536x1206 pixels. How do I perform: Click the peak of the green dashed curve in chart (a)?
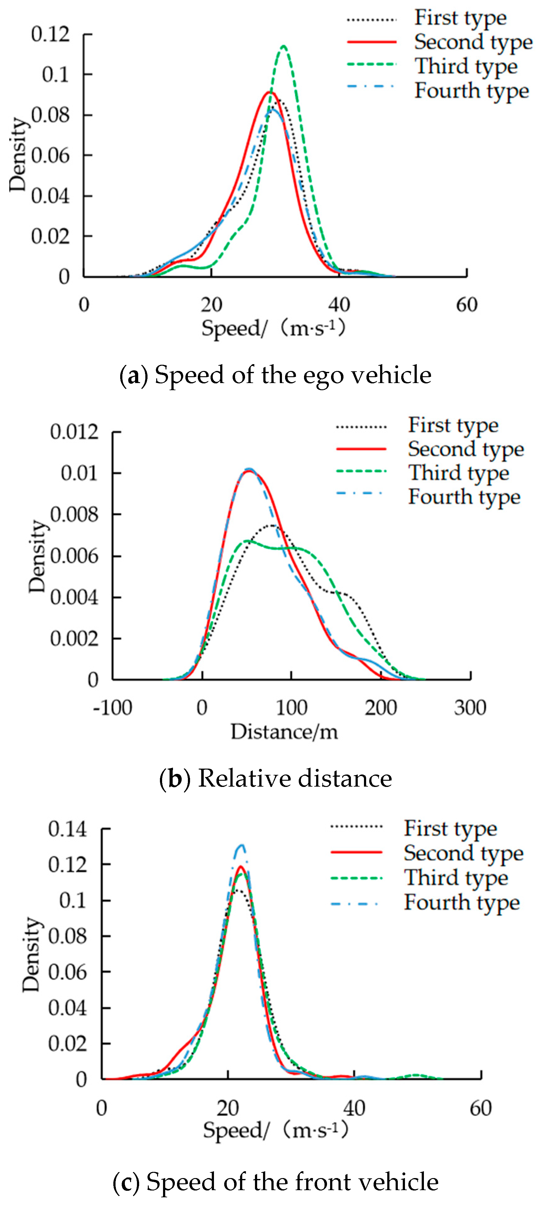click(x=284, y=46)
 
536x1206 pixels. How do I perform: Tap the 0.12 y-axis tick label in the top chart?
click(x=50, y=34)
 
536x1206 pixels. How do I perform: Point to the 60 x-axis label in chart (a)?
click(x=467, y=305)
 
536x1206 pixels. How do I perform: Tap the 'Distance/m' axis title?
click(x=284, y=731)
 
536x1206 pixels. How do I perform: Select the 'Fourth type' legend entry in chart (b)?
click(x=464, y=497)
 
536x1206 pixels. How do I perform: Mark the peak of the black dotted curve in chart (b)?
click(x=272, y=525)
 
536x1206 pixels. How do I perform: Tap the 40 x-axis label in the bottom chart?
click(x=354, y=1108)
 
